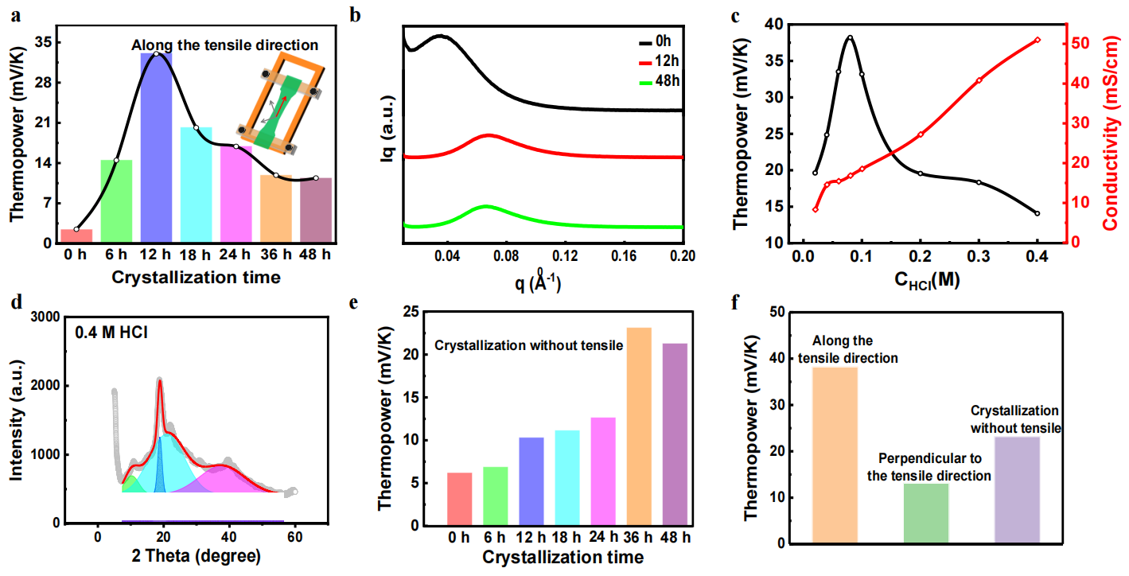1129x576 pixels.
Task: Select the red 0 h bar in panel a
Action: pos(76,236)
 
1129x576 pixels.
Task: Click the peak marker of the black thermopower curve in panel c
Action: pos(850,37)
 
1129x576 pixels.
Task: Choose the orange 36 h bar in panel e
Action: pos(638,426)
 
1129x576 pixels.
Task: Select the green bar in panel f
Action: pos(926,513)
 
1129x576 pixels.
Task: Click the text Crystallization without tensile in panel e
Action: pos(528,347)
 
